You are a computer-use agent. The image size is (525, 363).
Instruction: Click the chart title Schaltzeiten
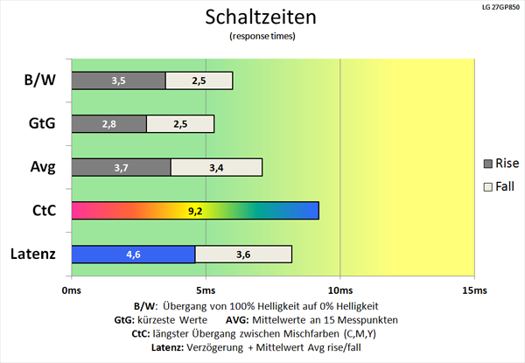262,17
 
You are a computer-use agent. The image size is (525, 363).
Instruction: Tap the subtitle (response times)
262,37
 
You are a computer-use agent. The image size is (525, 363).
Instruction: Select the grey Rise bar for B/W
118,80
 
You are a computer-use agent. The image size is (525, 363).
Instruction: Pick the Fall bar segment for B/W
199,80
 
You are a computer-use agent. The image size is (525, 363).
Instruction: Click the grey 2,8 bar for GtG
108,123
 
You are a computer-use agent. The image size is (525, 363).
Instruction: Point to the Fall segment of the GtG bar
180,123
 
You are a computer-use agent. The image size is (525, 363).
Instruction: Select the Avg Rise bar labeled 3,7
121,167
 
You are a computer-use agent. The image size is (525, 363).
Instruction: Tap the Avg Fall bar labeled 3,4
216,167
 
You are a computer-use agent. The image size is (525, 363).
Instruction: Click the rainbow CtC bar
194,211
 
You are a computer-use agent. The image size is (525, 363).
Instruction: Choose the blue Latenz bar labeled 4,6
133,254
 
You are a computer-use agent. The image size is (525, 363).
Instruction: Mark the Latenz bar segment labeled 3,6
243,254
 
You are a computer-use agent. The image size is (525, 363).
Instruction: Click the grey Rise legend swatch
488,164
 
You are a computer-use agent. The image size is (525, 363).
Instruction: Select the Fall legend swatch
488,187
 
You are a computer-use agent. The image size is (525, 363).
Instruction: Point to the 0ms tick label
72,290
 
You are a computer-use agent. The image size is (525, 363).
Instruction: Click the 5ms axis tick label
206,290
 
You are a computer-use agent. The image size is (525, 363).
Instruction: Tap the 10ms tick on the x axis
339,290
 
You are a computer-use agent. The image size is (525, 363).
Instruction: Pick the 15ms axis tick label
472,290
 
